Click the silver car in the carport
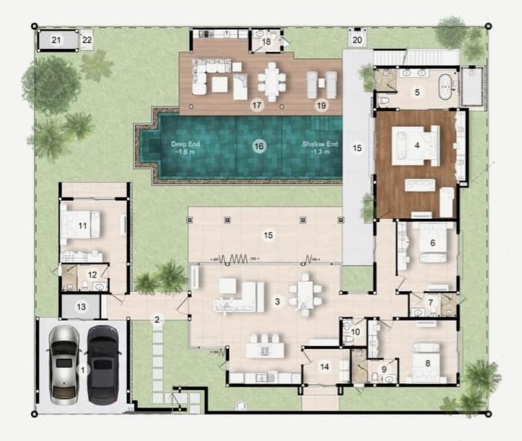point(64,365)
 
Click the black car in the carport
point(103,365)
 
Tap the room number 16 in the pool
point(259,146)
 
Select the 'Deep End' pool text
point(185,144)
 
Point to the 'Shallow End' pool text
point(320,144)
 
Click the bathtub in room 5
point(445,87)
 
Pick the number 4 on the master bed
point(417,145)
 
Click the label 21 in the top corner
point(56,40)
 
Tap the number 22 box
point(87,40)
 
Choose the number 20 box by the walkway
point(357,40)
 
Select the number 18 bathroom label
point(266,42)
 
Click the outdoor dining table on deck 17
point(272,82)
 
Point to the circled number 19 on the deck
point(321,106)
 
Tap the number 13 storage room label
point(82,307)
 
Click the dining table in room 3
point(305,295)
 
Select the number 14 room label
point(325,367)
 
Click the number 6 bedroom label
point(433,243)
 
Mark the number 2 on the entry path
point(157,320)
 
